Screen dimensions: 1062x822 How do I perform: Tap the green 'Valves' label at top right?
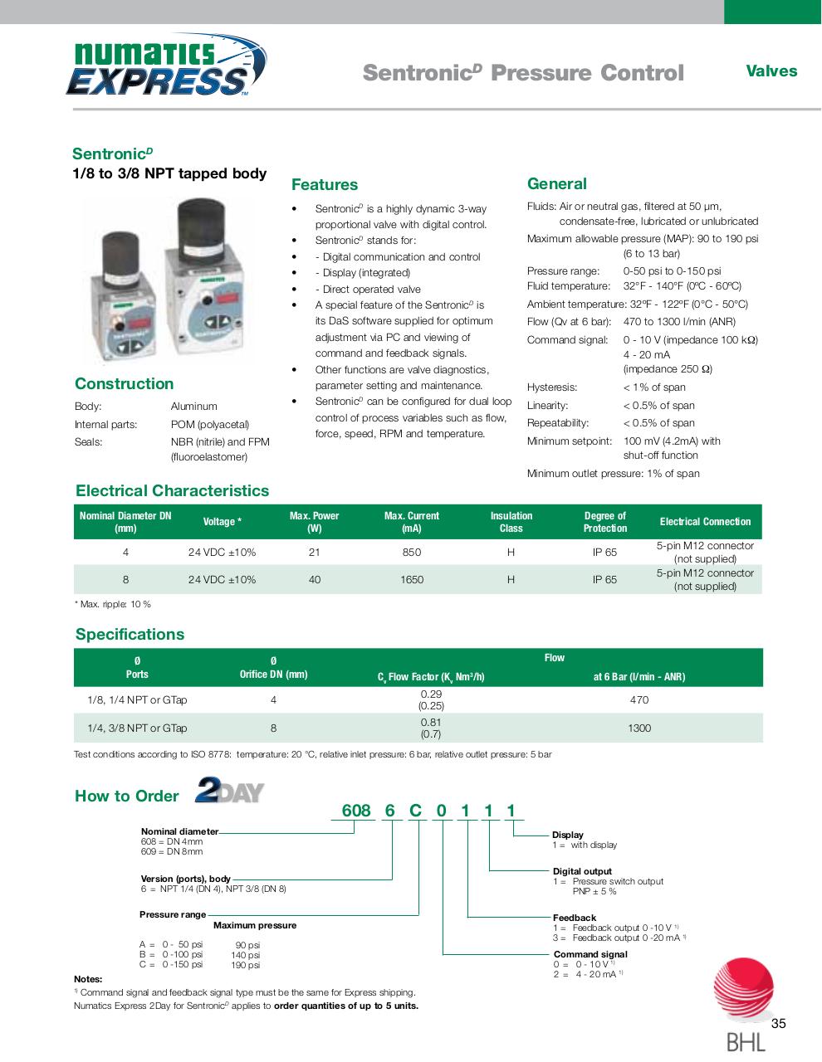(x=771, y=71)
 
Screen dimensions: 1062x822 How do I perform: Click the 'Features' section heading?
(x=325, y=185)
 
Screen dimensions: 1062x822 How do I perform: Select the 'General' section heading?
(x=556, y=184)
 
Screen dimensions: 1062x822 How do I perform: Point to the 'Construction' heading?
(x=124, y=383)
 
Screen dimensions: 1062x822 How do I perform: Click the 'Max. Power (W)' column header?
(x=314, y=522)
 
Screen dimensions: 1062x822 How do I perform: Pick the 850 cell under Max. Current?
(x=411, y=553)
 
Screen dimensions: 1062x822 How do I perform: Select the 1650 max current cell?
(x=411, y=580)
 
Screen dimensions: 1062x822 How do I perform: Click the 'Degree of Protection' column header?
(x=604, y=522)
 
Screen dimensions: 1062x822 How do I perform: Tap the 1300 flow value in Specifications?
(x=639, y=728)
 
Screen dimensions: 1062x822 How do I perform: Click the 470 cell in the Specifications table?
(x=639, y=700)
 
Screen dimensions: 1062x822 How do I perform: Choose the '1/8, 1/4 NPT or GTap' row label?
(x=137, y=700)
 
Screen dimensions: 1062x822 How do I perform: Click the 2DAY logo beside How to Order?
(x=229, y=790)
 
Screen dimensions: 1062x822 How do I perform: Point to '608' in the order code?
(x=356, y=811)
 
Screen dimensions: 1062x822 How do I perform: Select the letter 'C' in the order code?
(x=415, y=811)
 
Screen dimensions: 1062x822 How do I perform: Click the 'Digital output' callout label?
(x=582, y=871)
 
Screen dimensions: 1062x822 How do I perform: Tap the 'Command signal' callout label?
(x=590, y=954)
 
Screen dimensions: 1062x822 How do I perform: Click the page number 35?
(x=778, y=1024)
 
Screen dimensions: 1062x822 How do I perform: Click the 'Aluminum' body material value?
(x=193, y=407)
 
